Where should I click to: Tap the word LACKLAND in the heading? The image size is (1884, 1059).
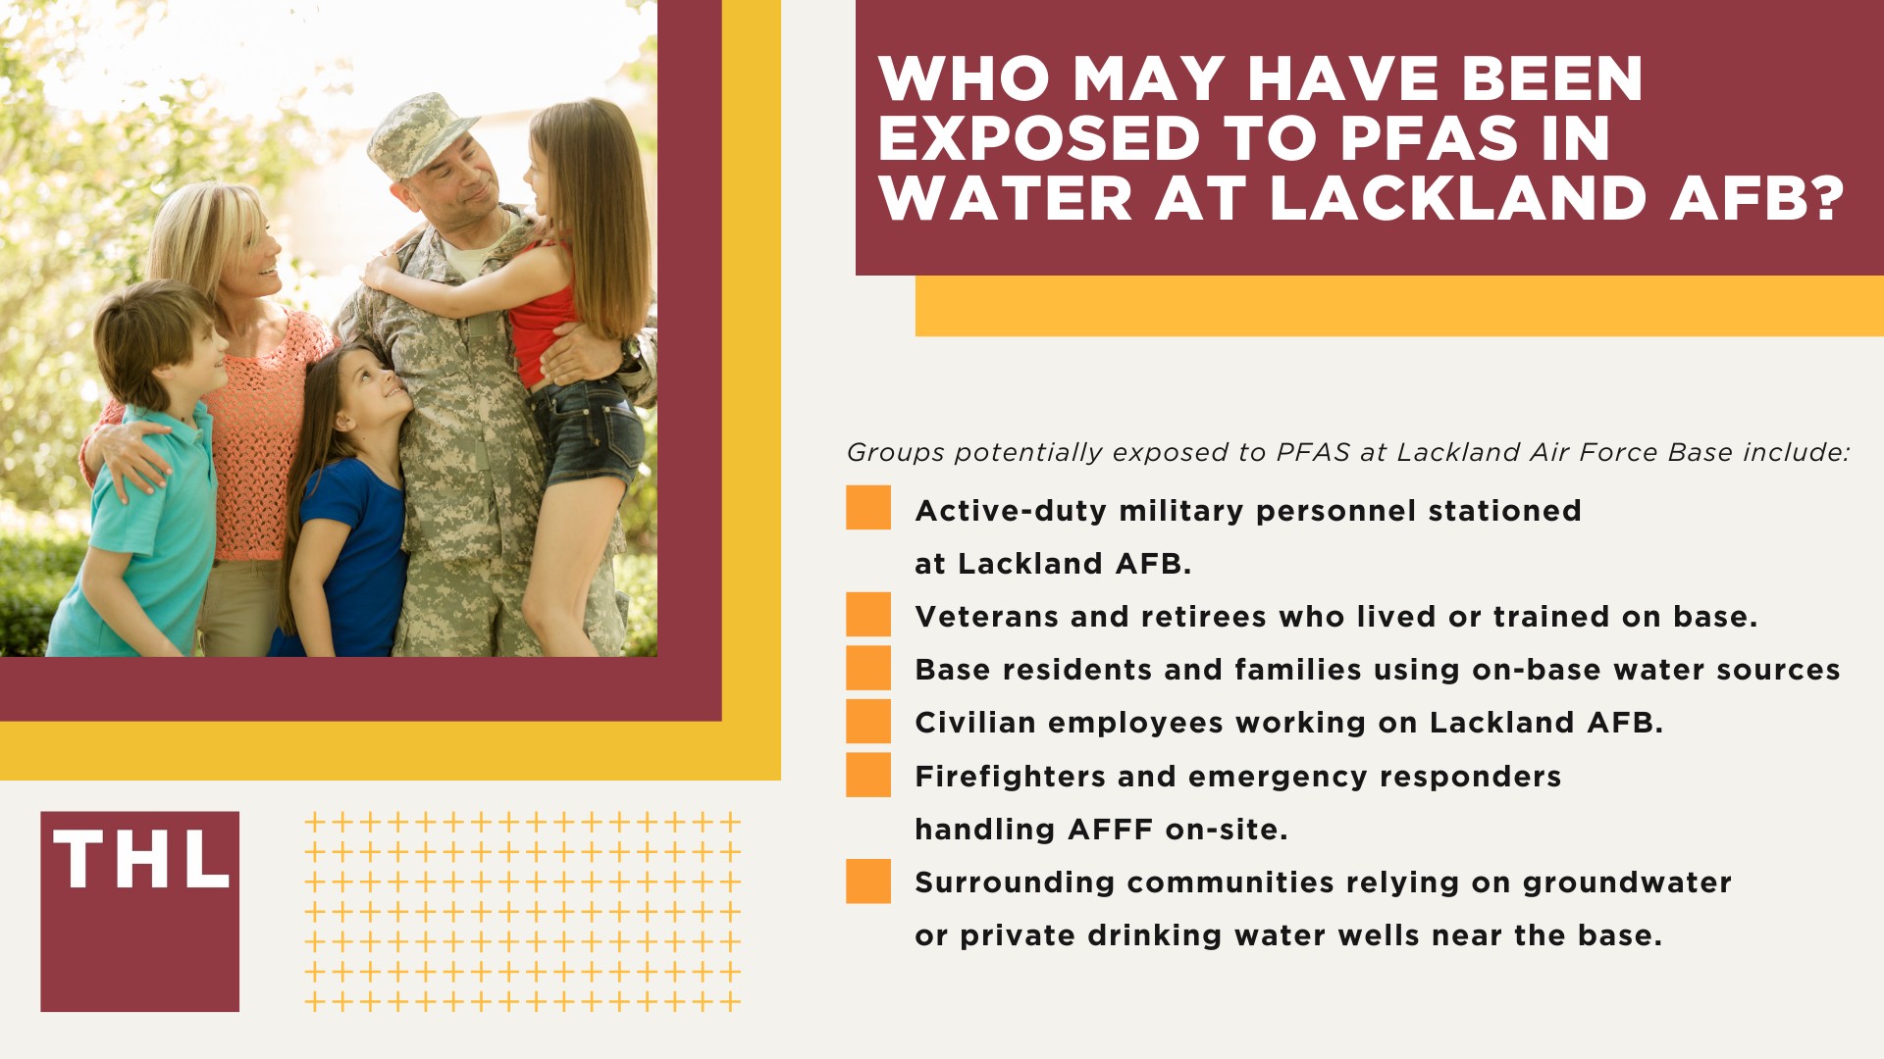[x=1457, y=198]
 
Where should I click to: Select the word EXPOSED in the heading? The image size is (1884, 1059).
[x=1039, y=138]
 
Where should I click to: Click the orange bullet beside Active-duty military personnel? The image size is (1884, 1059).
[x=868, y=508]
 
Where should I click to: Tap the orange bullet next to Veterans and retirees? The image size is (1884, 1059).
[x=868, y=615]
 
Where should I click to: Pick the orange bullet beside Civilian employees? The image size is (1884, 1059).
[x=868, y=722]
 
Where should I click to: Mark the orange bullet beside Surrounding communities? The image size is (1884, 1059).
[x=868, y=881]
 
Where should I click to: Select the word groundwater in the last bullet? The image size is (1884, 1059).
[x=1627, y=883]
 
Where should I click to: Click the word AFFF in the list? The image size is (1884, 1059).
[x=1111, y=830]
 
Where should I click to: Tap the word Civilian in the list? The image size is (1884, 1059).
[x=974, y=723]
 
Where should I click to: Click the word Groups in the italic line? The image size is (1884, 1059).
[x=895, y=453]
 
